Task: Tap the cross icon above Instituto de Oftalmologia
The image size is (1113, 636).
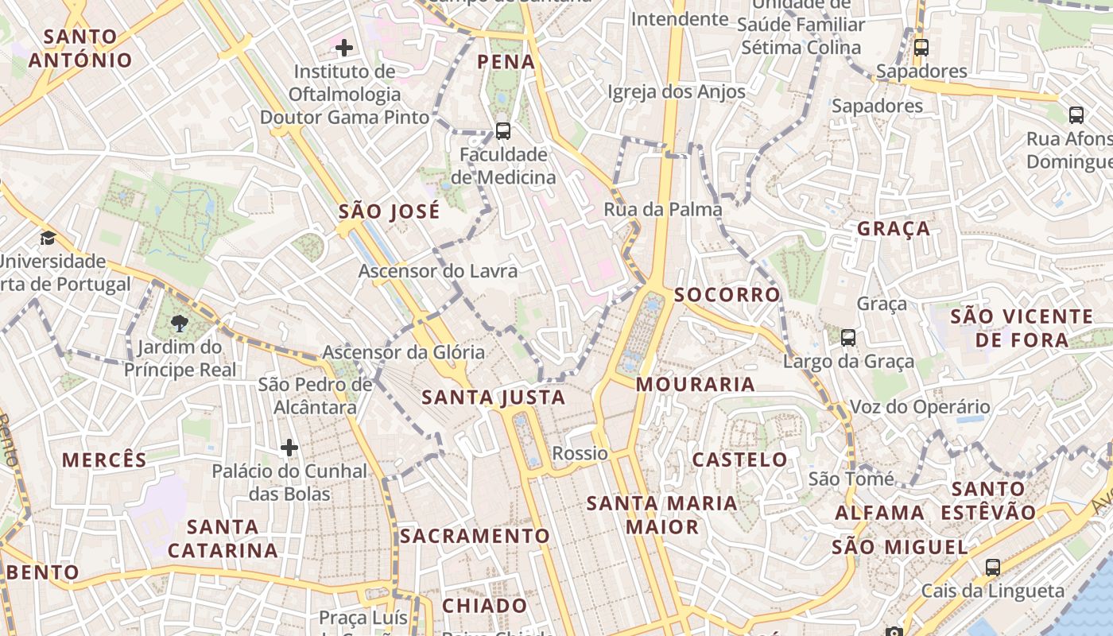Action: coord(344,48)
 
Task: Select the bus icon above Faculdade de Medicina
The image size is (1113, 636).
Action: coord(502,130)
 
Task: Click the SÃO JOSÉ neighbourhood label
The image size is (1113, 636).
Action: coord(389,211)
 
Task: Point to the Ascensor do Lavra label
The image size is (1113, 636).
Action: coord(437,271)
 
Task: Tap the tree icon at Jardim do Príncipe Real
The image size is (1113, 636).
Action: coord(180,323)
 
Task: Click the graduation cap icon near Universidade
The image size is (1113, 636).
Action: coord(48,238)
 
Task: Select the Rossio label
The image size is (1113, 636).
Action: coord(580,454)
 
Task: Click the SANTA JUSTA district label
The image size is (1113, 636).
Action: coord(494,397)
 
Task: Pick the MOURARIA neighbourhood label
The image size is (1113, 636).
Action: coord(696,385)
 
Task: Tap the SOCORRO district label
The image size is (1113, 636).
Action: coord(727,295)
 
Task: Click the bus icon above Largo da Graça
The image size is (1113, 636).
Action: coord(848,338)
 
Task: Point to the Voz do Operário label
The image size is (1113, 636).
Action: coord(920,407)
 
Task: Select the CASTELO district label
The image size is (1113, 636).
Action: coord(739,460)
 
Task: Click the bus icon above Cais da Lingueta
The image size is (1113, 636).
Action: coord(992,568)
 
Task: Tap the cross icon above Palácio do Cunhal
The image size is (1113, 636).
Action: coord(289,448)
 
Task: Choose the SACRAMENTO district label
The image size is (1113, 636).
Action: coord(475,536)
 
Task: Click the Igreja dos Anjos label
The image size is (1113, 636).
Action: coord(677,92)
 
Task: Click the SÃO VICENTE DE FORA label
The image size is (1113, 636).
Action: coord(1022,328)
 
